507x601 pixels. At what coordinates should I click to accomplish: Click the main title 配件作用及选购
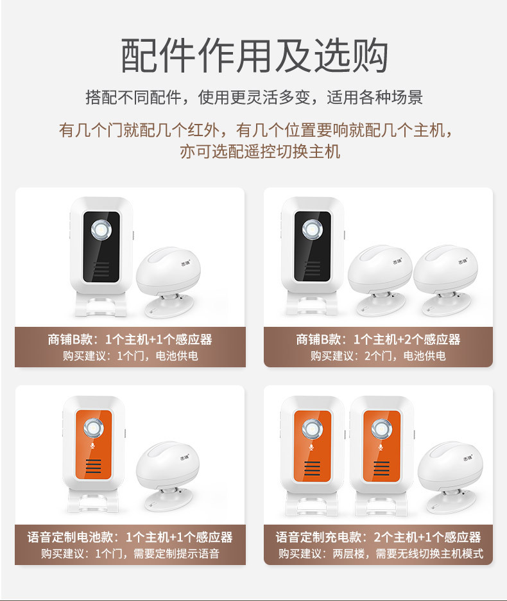(x=254, y=56)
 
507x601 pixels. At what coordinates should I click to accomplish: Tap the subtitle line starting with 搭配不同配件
(x=254, y=98)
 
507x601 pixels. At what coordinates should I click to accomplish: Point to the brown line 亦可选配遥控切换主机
(x=260, y=152)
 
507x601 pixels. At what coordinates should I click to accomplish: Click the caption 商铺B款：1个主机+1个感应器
(x=130, y=339)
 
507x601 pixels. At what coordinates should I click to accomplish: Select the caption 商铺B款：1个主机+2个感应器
(x=378, y=339)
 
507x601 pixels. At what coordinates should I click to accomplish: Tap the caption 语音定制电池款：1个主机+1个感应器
(x=130, y=537)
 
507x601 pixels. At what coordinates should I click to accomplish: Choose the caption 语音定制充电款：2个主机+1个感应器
(x=378, y=537)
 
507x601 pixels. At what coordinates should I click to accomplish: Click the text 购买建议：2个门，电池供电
(x=378, y=356)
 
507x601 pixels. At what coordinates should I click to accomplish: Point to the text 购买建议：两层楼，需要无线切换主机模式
(x=381, y=554)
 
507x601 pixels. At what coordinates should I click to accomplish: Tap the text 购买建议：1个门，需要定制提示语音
(x=130, y=554)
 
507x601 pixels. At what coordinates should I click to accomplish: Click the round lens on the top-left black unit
(x=101, y=231)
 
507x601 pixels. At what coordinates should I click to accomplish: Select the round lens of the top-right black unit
(x=313, y=230)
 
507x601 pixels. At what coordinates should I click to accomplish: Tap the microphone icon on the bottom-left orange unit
(x=93, y=446)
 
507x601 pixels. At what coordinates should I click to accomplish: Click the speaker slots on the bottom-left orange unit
(x=94, y=466)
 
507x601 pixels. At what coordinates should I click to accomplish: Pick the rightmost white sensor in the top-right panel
(x=446, y=280)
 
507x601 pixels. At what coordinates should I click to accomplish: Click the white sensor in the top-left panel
(x=169, y=283)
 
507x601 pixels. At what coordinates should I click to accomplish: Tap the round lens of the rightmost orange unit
(x=381, y=428)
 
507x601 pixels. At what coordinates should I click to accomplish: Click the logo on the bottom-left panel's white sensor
(x=185, y=457)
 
